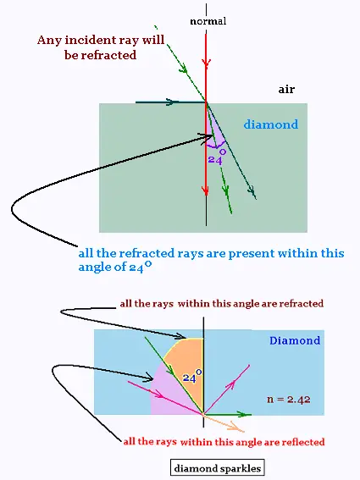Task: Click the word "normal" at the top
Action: (x=208, y=21)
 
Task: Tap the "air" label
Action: (x=286, y=89)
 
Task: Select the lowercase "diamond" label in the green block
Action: (x=271, y=124)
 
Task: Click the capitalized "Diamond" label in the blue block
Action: (x=295, y=340)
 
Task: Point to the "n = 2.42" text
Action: (x=289, y=400)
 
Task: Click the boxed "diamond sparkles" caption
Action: (x=217, y=468)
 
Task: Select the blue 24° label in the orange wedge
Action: (x=192, y=376)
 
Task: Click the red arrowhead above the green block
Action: (x=206, y=63)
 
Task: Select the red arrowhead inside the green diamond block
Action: (x=206, y=190)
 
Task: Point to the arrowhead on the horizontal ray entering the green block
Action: (x=169, y=102)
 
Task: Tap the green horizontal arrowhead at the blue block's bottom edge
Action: (x=246, y=415)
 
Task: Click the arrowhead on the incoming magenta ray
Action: (x=159, y=394)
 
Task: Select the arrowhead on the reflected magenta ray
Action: (x=232, y=383)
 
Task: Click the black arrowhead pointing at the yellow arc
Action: (x=180, y=336)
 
